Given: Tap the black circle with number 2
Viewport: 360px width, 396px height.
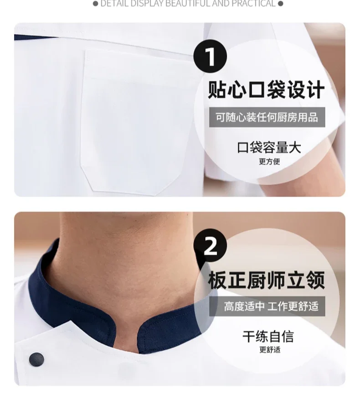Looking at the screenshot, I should click(210, 247).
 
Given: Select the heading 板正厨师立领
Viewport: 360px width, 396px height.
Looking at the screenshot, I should click(267, 280).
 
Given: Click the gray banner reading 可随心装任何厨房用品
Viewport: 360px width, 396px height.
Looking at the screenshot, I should click(267, 117).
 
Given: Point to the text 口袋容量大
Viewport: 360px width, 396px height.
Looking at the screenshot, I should click(269, 147).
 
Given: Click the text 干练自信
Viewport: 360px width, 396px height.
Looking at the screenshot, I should click(268, 337).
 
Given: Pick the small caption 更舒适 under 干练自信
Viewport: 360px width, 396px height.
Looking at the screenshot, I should click(269, 350).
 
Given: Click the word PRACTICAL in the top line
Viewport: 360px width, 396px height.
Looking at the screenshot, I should click(253, 4).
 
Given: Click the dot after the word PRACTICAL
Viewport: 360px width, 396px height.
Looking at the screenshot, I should click(280, 4).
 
